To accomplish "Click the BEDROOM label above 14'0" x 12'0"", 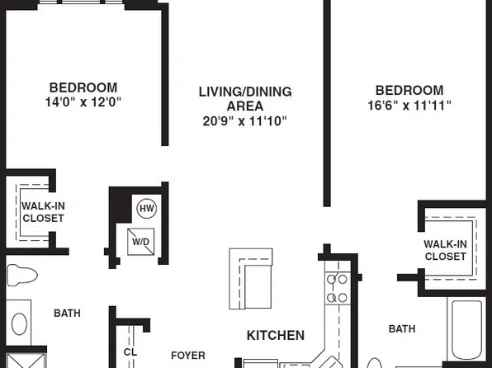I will (x=83, y=87).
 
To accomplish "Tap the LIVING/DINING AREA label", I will (x=244, y=98).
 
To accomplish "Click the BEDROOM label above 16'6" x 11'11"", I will (x=409, y=90).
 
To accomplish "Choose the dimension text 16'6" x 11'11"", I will (x=409, y=106).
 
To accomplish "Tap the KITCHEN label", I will (x=276, y=336).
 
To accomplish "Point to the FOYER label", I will (x=187, y=356).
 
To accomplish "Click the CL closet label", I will (x=130, y=351).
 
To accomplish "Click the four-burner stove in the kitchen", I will (x=338, y=288).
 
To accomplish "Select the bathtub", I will (x=469, y=330).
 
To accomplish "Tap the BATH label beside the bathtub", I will (x=402, y=329).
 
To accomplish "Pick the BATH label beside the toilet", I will (x=67, y=314).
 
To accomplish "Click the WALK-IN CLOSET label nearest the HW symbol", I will (x=43, y=212).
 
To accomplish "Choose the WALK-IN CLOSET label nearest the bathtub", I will (x=445, y=250).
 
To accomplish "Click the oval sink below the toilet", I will (x=20, y=325).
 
